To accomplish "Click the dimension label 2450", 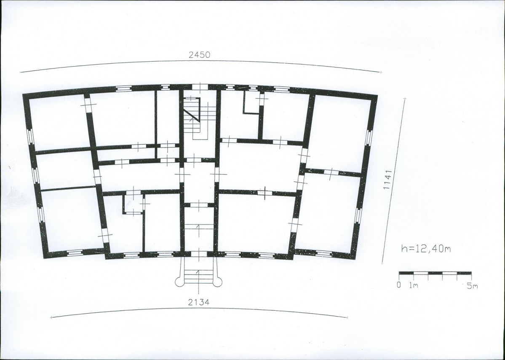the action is click(199, 55).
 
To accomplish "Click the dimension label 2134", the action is click(199, 302).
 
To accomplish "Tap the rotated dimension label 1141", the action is click(387, 180).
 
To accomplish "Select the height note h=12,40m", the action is click(426, 248).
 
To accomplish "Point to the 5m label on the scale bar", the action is click(472, 285).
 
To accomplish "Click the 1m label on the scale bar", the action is click(414, 285).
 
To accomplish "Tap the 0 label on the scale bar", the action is click(399, 285).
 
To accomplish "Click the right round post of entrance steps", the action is click(217, 282).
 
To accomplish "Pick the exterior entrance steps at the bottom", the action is click(198, 271).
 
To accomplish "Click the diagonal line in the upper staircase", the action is click(191, 115).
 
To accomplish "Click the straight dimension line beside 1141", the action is click(393, 181).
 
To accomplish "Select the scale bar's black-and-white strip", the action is click(435, 273).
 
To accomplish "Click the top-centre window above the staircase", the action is click(200, 87).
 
